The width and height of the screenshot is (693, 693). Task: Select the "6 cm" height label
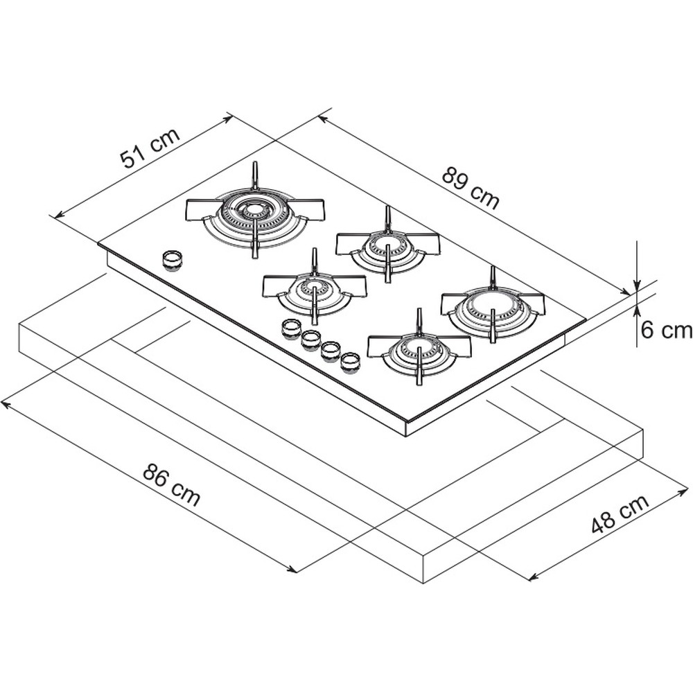click(666, 331)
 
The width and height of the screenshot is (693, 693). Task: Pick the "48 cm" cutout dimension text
click(620, 514)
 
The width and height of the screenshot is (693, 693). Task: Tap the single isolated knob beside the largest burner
click(173, 260)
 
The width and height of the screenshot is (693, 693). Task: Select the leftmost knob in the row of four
click(291, 327)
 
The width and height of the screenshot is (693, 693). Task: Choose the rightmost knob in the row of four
click(351, 360)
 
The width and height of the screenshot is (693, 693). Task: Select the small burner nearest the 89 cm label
click(388, 244)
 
